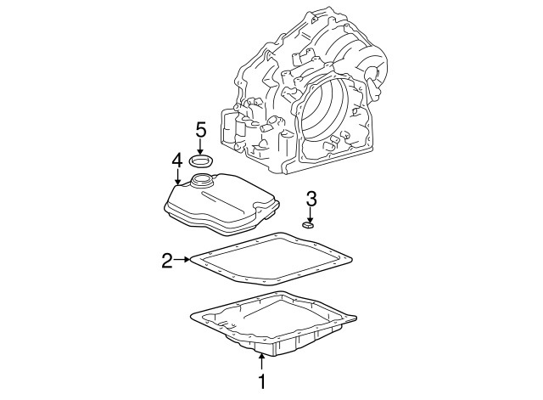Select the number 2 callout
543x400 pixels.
tap(167, 259)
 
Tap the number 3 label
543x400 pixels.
tap(311, 200)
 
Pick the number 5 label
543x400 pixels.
tap(201, 129)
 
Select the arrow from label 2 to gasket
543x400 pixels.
tap(182, 259)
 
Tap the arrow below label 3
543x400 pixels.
tap(311, 216)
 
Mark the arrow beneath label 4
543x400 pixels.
tap(176, 177)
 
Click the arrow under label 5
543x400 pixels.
tap(201, 147)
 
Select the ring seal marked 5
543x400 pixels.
tap(202, 161)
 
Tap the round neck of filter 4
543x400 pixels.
tap(203, 180)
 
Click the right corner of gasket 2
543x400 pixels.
tap(350, 256)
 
